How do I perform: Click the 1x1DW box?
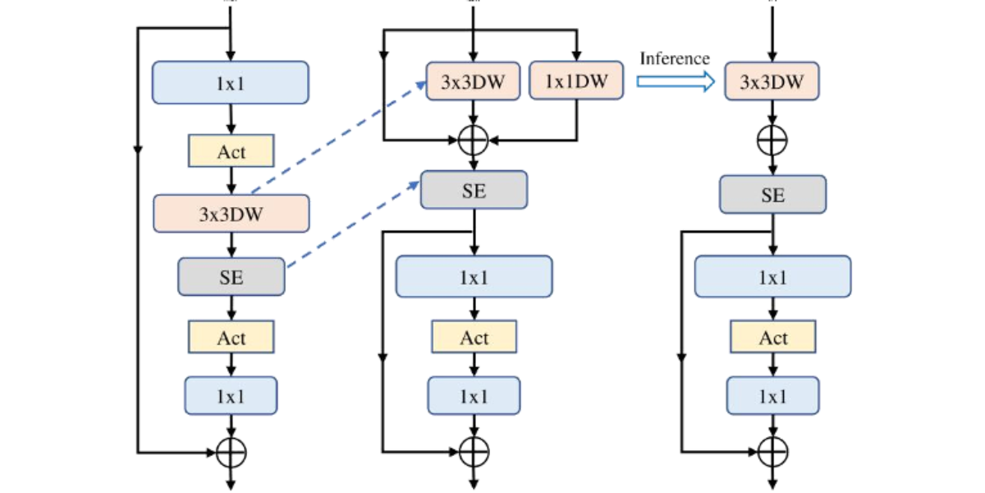click(576, 81)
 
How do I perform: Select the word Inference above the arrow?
click(674, 58)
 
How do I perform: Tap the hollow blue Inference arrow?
click(676, 81)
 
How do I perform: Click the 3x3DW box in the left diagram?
click(231, 214)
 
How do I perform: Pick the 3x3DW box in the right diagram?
click(772, 81)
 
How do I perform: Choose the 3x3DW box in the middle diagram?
click(473, 81)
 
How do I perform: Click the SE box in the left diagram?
click(231, 277)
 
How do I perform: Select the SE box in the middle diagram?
click(474, 191)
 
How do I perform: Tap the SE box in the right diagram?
click(772, 195)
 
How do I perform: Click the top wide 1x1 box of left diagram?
click(231, 83)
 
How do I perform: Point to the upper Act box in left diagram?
click(231, 152)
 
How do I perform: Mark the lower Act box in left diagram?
click(231, 338)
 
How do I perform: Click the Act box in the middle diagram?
click(474, 338)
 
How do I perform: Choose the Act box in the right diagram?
click(772, 338)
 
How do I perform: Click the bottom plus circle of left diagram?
click(231, 451)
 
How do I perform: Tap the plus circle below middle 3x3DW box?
click(473, 141)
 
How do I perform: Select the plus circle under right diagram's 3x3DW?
click(772, 141)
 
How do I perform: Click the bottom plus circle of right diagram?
click(772, 451)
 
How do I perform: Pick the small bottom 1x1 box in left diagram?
click(231, 396)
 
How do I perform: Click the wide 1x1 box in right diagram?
click(772, 277)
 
